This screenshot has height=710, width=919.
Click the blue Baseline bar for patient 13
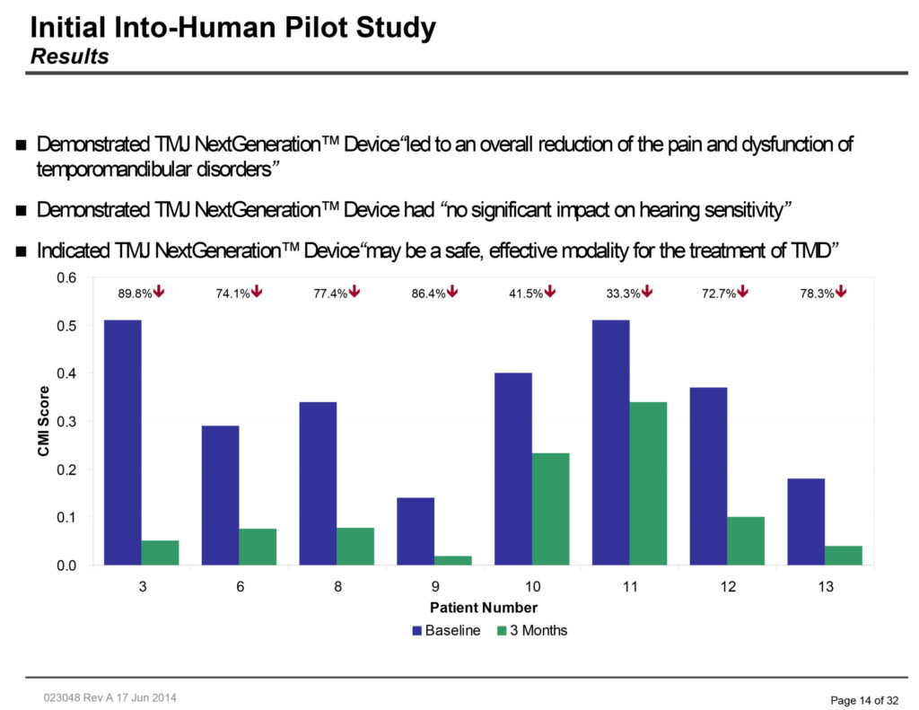(x=806, y=522)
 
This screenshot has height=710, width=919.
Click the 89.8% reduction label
(x=136, y=294)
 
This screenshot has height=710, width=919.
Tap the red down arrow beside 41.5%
(x=551, y=292)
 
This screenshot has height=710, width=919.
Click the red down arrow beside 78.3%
(x=842, y=292)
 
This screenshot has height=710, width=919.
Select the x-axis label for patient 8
(x=337, y=587)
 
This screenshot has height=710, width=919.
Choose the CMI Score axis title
(x=43, y=421)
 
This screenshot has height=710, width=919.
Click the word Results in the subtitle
(x=70, y=57)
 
